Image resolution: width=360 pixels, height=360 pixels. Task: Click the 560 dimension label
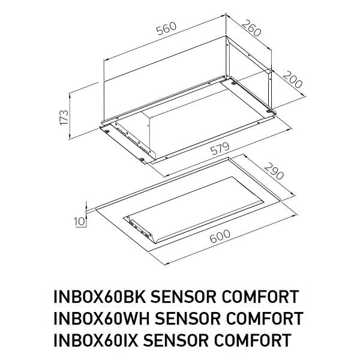pos(166,28)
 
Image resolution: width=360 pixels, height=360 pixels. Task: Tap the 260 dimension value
pos(251,28)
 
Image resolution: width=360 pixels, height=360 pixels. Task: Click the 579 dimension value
pos(220,149)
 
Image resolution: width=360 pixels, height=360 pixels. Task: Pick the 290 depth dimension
pos(274,171)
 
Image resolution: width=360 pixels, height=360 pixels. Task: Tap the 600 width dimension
pos(220,236)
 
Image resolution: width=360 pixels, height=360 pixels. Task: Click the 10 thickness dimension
pos(79,221)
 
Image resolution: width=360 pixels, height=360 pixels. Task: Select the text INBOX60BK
pos(100,297)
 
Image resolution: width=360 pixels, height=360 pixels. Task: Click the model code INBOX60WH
pos(101,318)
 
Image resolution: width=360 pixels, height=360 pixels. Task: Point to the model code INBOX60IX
pos(95,340)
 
